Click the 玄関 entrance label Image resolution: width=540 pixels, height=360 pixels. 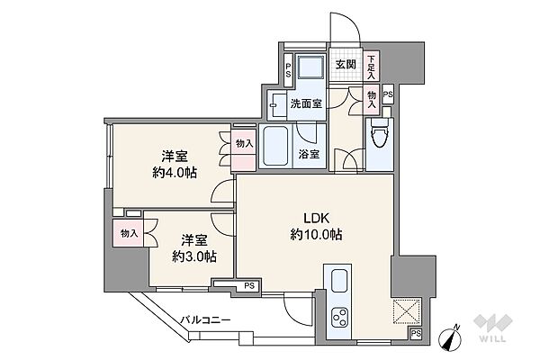tap(346, 64)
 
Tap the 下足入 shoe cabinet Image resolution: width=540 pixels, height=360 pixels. tap(371, 67)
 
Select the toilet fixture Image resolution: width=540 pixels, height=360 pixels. tap(379, 133)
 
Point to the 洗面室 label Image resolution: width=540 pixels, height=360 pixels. tap(306, 103)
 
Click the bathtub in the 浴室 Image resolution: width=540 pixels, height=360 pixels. tap(276, 147)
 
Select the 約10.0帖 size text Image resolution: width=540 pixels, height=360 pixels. tap(316, 235)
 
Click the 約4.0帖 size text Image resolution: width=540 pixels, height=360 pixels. tap(175, 172)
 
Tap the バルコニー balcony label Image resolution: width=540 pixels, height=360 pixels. tap(205, 320)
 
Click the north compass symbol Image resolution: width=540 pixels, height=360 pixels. tap(451, 337)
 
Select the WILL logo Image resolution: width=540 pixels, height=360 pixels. tap(493, 328)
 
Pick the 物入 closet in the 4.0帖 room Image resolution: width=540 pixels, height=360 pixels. tap(244, 150)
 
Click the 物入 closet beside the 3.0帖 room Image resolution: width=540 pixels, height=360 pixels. tap(128, 233)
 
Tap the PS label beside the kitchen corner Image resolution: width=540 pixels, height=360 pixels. tap(416, 334)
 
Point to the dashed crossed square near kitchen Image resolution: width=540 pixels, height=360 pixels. tap(407, 311)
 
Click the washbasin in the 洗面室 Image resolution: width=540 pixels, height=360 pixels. tap(276, 105)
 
